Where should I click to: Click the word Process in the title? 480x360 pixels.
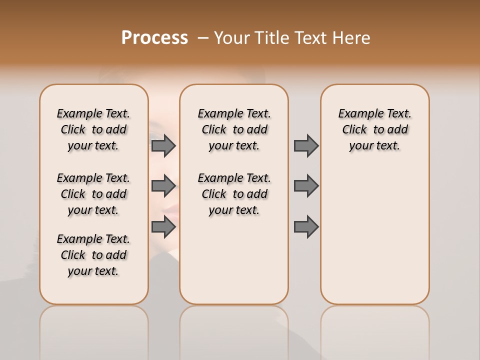click(x=154, y=37)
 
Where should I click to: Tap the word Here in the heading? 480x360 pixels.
click(x=351, y=37)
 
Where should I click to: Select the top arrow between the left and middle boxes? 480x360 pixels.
click(x=163, y=145)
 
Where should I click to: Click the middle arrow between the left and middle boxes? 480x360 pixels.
click(x=163, y=186)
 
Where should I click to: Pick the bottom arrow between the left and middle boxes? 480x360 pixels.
click(x=163, y=226)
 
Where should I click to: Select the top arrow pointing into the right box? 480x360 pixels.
click(x=306, y=145)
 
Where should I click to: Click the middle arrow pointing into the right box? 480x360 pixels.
click(x=306, y=186)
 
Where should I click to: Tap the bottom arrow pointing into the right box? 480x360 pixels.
click(x=306, y=226)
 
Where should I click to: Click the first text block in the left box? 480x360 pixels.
click(x=93, y=129)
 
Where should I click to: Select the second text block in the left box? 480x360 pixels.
click(x=93, y=194)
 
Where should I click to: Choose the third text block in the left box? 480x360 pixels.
click(x=93, y=255)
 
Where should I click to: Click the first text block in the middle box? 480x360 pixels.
click(x=234, y=129)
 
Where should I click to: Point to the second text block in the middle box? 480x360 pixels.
click(x=234, y=194)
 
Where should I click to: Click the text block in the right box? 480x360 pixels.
click(x=374, y=129)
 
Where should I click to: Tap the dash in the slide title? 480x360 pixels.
click(x=203, y=37)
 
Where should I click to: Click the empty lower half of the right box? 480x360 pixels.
click(x=374, y=240)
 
